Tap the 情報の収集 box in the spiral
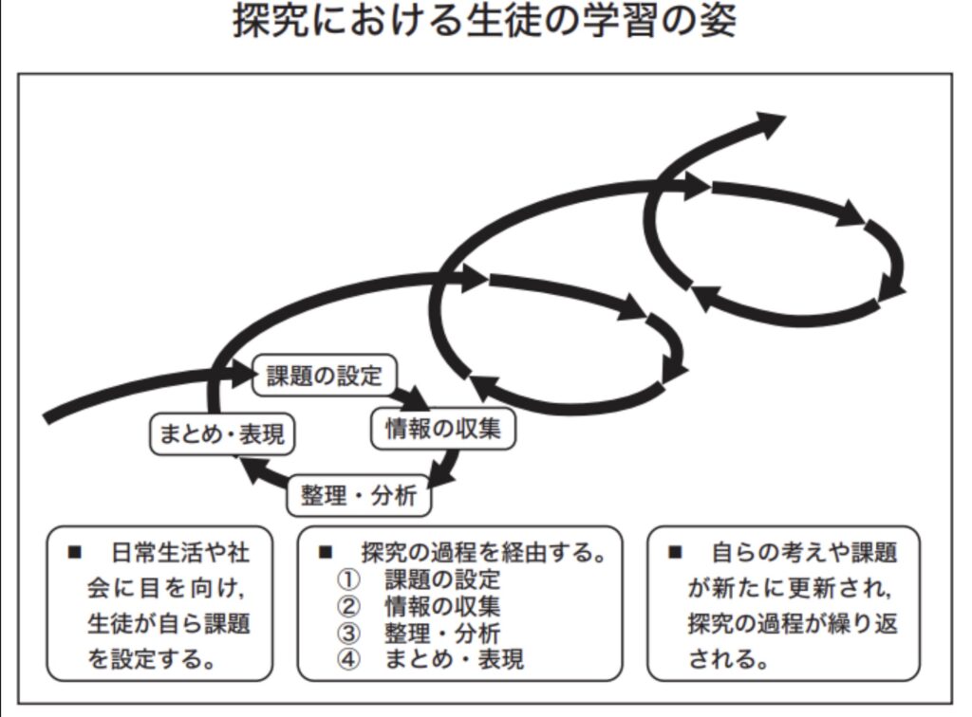coord(442,429)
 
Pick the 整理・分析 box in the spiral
coord(359,494)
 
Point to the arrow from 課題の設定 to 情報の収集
coord(409,396)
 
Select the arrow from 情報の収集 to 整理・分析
coord(445,466)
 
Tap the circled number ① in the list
coord(348,579)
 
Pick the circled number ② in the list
coord(348,605)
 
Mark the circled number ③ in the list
coord(348,632)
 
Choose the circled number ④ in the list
coord(348,658)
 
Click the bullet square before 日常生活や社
coord(75,552)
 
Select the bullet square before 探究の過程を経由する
coord(327,552)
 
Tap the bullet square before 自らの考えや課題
coord(675,552)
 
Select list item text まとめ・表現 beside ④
coord(454,658)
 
